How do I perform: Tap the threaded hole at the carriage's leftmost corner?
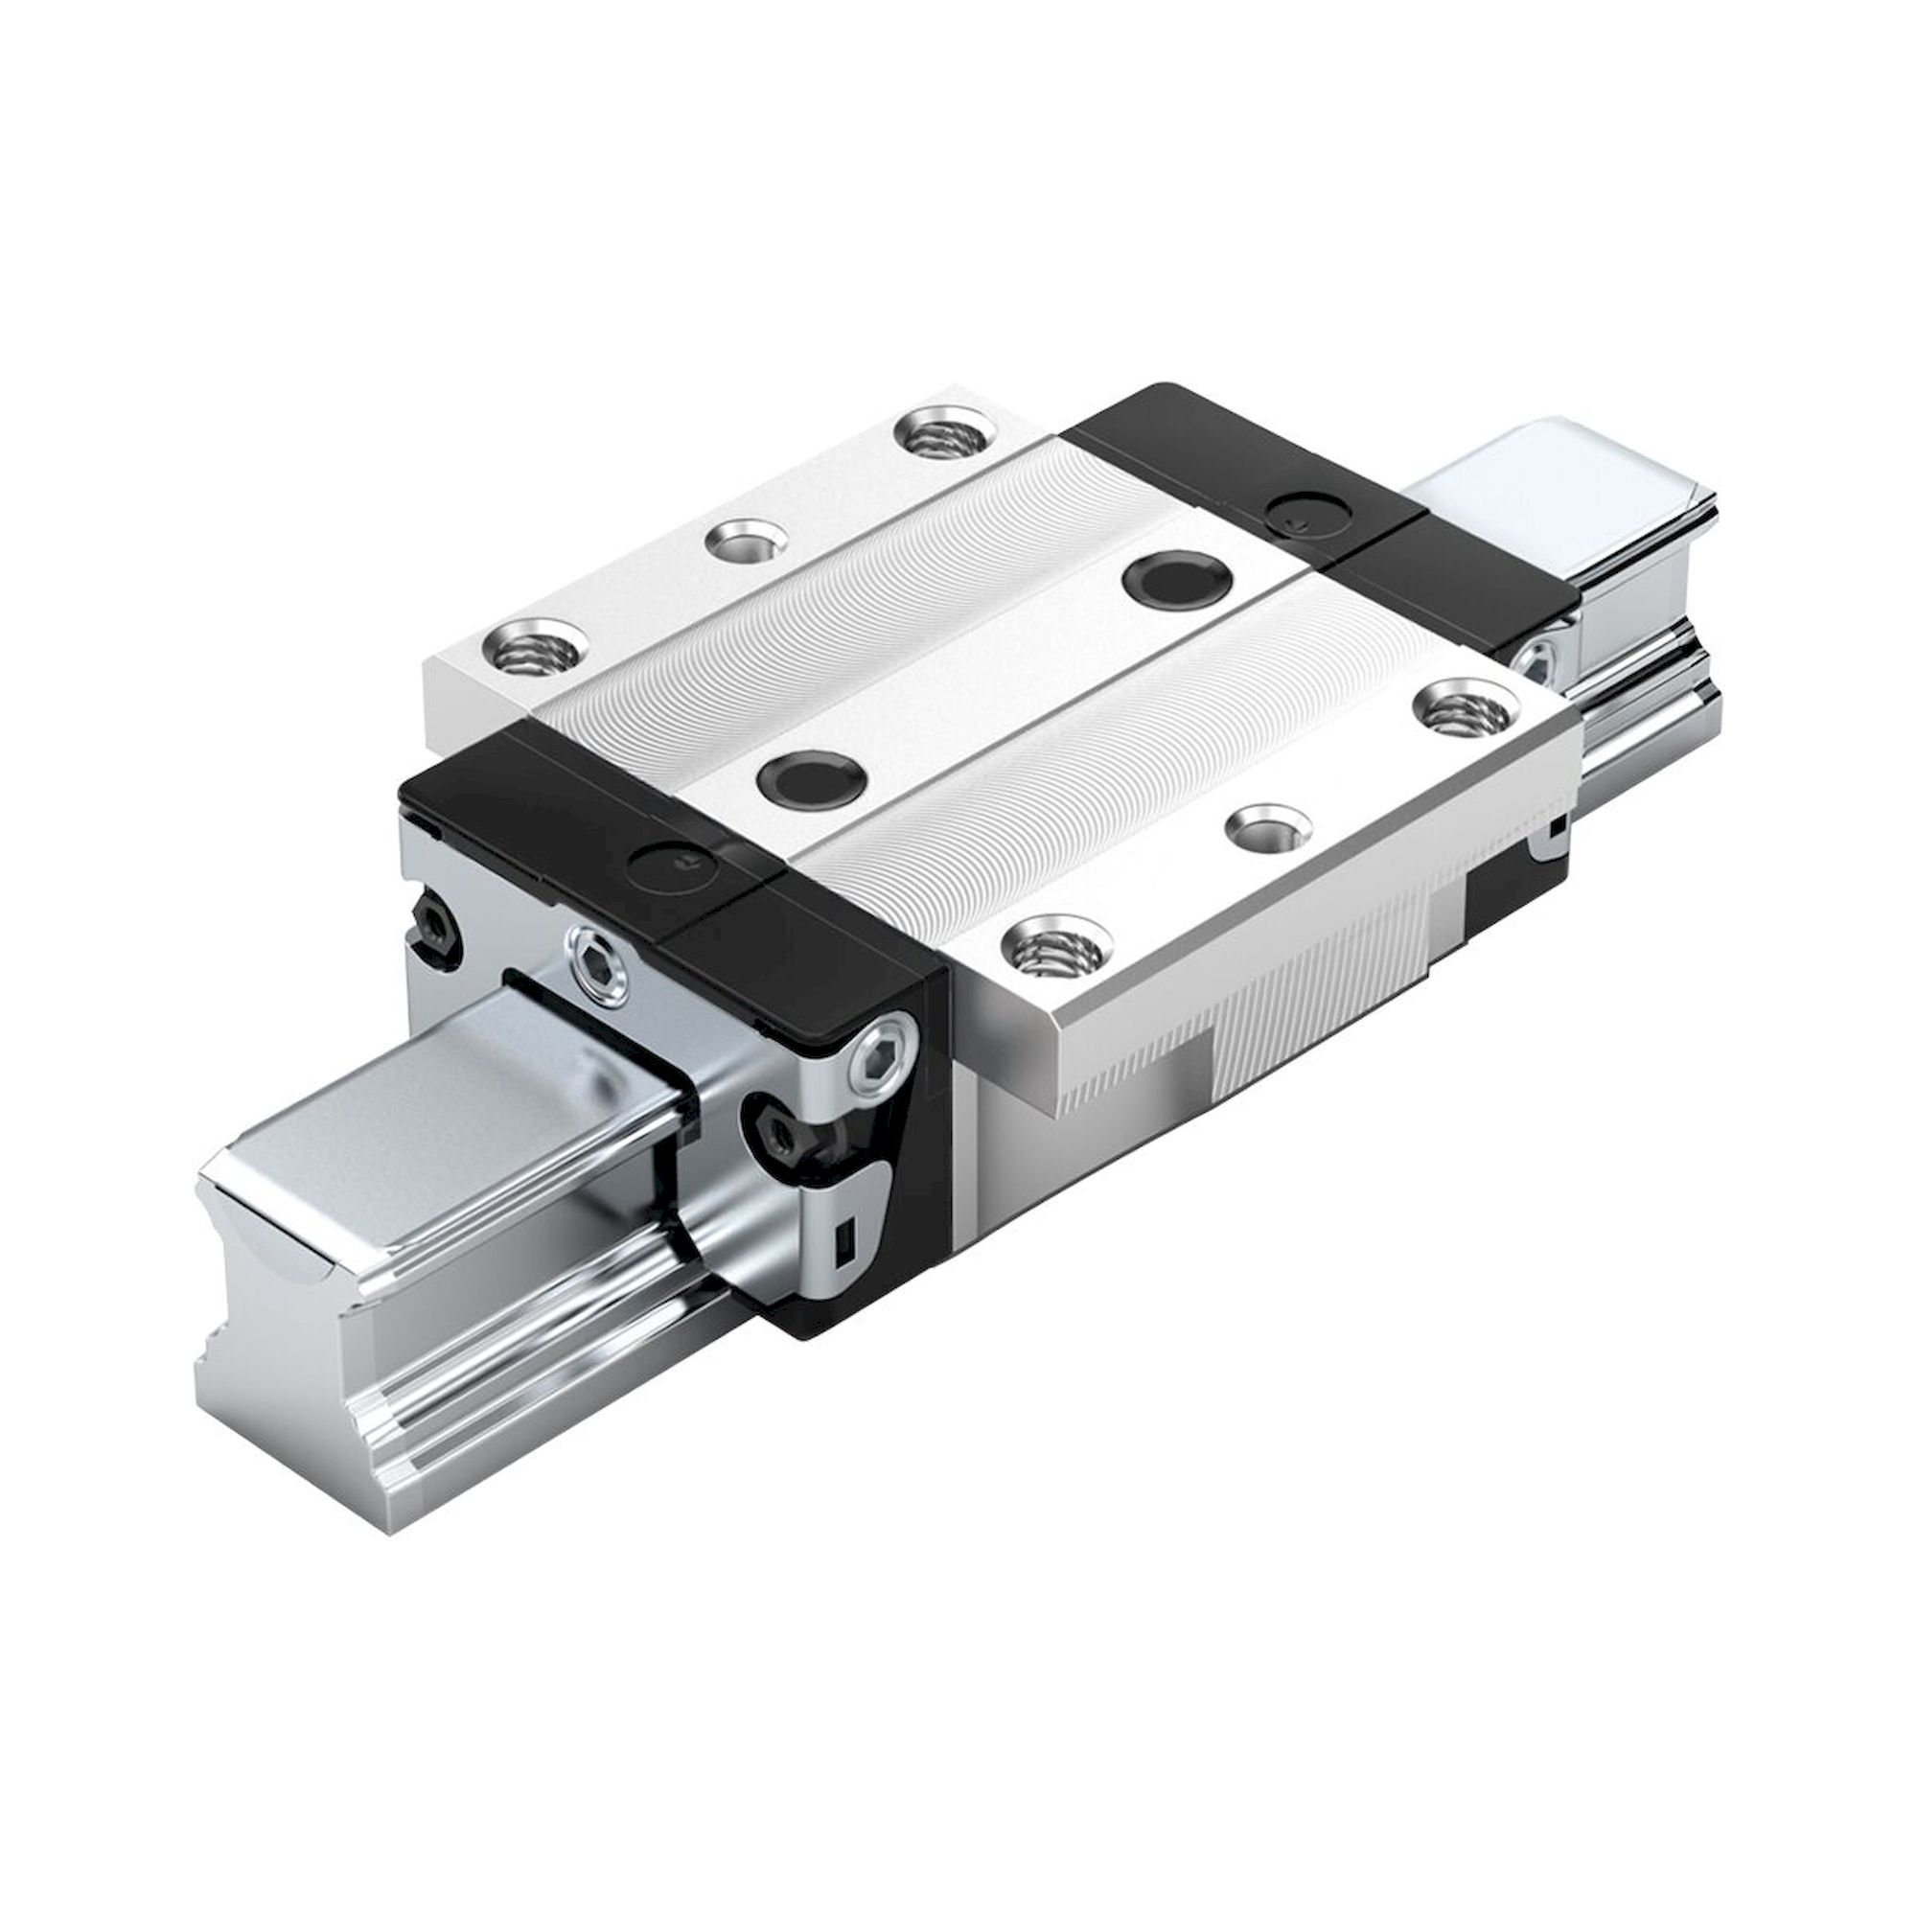pyautogui.click(x=533, y=652)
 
